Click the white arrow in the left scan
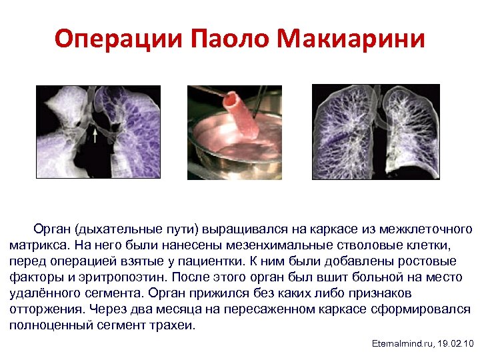point(95,137)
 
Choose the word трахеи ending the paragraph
point(175,325)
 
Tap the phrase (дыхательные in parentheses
point(113,229)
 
